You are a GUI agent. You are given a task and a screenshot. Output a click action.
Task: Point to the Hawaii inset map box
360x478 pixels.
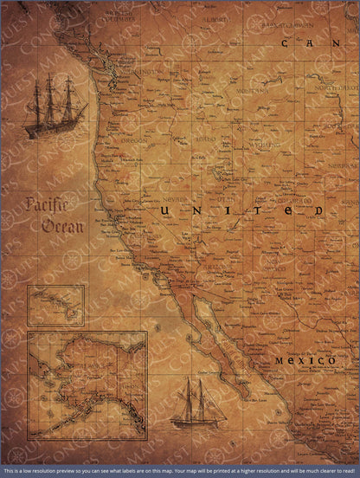55,305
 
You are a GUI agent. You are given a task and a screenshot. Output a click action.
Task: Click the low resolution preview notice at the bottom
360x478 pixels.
180,472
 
